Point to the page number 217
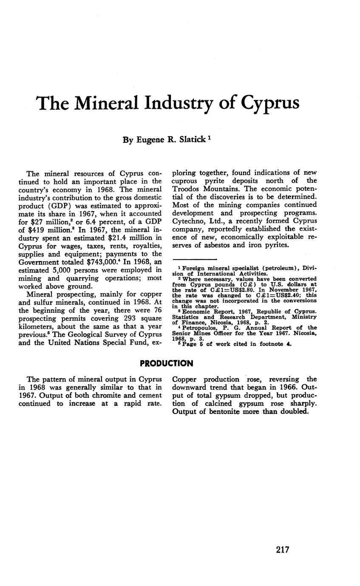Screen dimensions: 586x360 click(282, 549)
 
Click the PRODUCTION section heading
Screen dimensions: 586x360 click(167, 363)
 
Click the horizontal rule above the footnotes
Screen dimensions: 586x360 click(195, 259)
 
